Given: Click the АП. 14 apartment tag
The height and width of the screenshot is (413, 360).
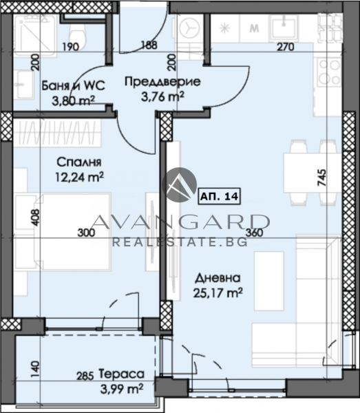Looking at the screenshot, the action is pos(219,196).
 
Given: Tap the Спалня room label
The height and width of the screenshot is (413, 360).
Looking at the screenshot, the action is pos(79,162).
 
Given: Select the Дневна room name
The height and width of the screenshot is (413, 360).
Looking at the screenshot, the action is pos(218,278).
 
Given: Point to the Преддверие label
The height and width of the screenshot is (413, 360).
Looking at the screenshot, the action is pos(162,82).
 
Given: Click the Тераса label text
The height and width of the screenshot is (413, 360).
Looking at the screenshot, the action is pos(122,374).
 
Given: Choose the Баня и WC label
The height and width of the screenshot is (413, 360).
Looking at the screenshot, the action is pos(74,85).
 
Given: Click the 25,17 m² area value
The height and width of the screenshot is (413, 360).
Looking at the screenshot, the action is pos(218,292).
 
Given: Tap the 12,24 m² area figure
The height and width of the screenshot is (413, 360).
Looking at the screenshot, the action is pos(79,177).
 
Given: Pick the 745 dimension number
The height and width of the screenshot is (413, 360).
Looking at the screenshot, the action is pos(322,178).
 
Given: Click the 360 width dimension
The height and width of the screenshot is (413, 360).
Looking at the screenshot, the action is pos(255,233).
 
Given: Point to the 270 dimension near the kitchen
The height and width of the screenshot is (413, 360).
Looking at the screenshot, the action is pos(286,47).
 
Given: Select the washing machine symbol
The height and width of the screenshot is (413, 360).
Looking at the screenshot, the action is pos(189,28).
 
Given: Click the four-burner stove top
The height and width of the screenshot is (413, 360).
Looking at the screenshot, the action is pos(329,72).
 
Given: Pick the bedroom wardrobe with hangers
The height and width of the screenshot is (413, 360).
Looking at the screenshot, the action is pos(57,133).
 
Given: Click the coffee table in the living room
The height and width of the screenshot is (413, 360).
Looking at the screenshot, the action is pos(269,281).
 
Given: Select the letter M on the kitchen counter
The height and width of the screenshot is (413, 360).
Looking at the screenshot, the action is pos(254,28).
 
